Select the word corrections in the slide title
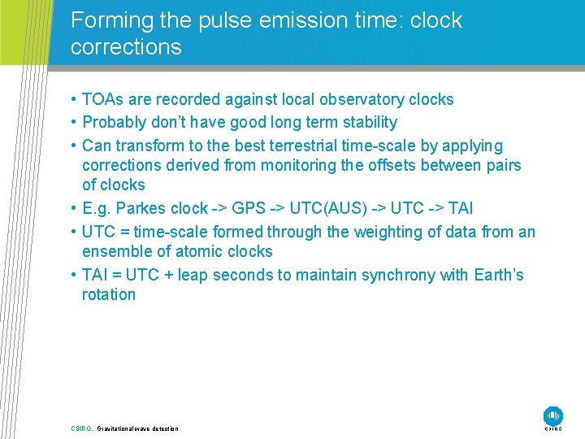[x=126, y=47]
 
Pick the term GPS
[x=248, y=209]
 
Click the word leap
[x=196, y=275]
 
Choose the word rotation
[x=109, y=294]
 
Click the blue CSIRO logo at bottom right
[x=553, y=415]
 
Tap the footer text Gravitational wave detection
[x=137, y=428]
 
